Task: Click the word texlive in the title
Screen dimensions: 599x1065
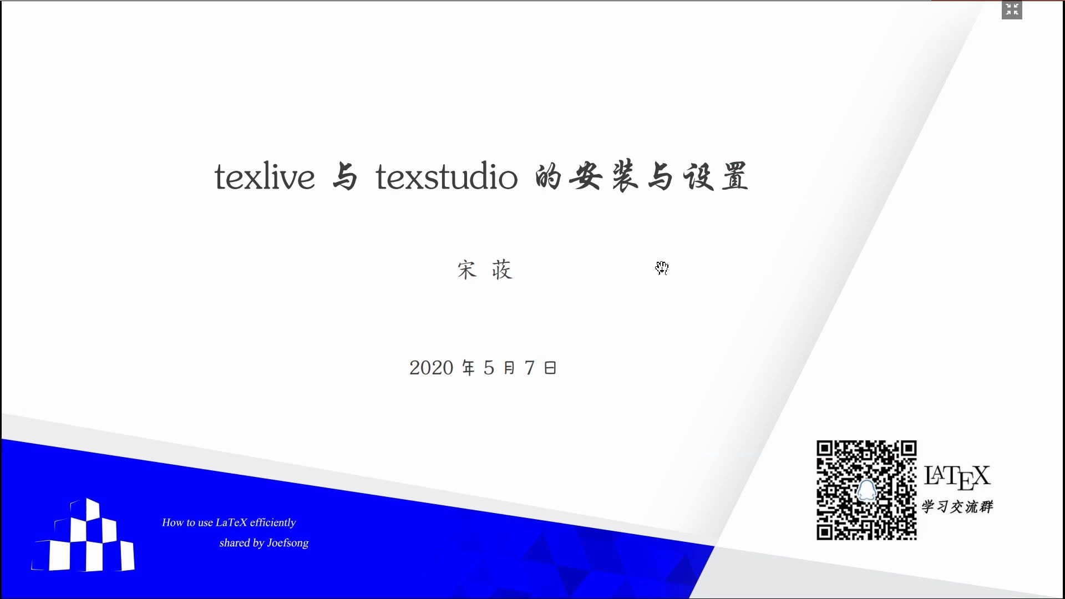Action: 265,177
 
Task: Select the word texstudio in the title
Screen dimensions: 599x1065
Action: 447,177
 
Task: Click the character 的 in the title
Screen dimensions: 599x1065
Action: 548,177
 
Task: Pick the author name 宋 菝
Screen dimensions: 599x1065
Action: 485,270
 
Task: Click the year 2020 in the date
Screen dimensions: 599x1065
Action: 431,368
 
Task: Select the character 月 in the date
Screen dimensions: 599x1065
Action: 509,368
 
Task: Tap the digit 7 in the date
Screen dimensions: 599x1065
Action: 530,368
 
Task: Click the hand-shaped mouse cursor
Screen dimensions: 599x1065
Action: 662,268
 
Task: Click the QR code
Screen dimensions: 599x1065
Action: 866,490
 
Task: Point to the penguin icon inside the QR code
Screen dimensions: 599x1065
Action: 866,490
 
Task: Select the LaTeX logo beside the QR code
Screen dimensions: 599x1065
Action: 957,476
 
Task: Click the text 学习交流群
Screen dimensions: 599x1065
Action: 957,507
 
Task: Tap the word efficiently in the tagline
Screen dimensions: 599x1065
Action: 273,522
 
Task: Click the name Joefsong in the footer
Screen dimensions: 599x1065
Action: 287,543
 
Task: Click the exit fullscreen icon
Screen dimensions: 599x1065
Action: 1012,9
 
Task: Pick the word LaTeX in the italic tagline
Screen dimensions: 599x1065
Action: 231,522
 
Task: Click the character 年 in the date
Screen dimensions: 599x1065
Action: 469,368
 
